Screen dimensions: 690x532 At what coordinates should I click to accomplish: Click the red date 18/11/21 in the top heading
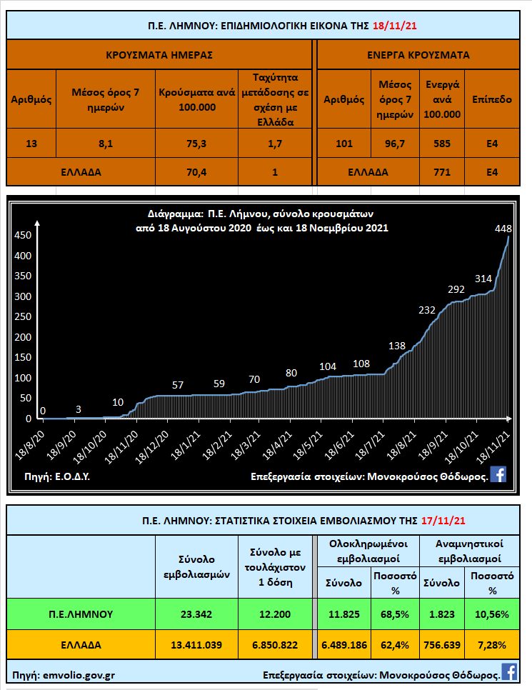(x=395, y=25)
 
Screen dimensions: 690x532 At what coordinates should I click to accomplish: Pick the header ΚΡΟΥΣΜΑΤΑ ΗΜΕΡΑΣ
(x=159, y=54)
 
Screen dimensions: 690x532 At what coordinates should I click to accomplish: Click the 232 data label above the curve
(x=427, y=309)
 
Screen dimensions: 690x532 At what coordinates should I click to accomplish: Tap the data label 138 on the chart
(x=396, y=346)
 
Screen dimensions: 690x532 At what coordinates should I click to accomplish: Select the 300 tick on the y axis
(x=24, y=296)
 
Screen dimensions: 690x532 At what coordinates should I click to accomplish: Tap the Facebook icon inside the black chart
(x=498, y=474)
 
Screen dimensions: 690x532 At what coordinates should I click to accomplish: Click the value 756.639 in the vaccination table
(x=443, y=645)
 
